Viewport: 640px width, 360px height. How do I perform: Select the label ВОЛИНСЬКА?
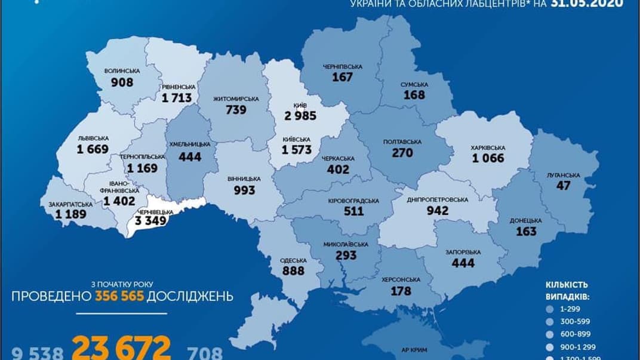tap(122, 70)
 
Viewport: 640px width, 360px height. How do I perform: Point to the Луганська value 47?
tap(564, 186)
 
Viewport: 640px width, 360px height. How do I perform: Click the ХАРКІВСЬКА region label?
tap(488, 147)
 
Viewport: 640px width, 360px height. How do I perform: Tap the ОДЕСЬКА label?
tap(293, 260)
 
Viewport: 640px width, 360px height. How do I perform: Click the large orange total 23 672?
tap(122, 347)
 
